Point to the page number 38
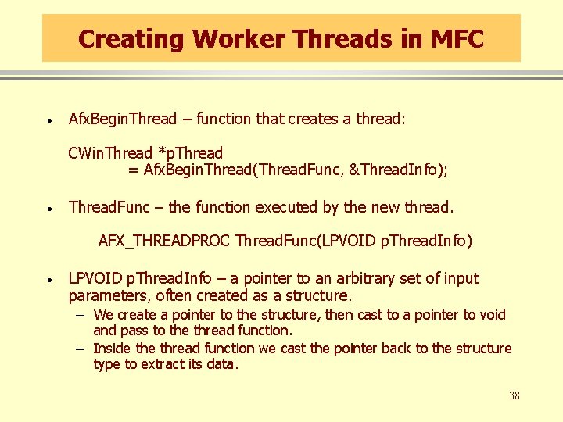514,395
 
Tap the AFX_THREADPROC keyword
164,241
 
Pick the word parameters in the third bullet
109,296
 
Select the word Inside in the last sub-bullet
113,348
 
